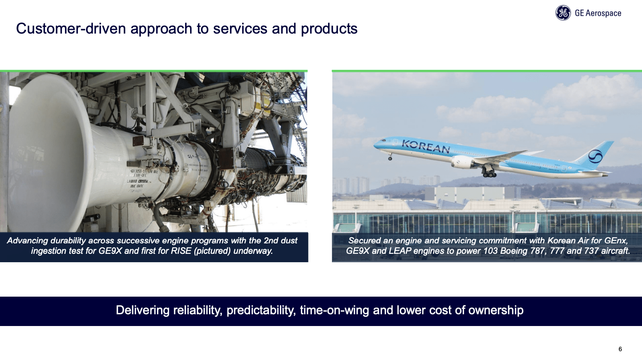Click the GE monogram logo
click(563, 13)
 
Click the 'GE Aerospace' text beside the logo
click(598, 13)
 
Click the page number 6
click(620, 349)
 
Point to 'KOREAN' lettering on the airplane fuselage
click(425, 146)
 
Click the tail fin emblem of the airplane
click(595, 156)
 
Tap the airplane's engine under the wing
click(462, 162)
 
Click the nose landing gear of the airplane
click(390, 158)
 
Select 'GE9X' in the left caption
click(110, 251)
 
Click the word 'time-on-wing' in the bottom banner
click(335, 310)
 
